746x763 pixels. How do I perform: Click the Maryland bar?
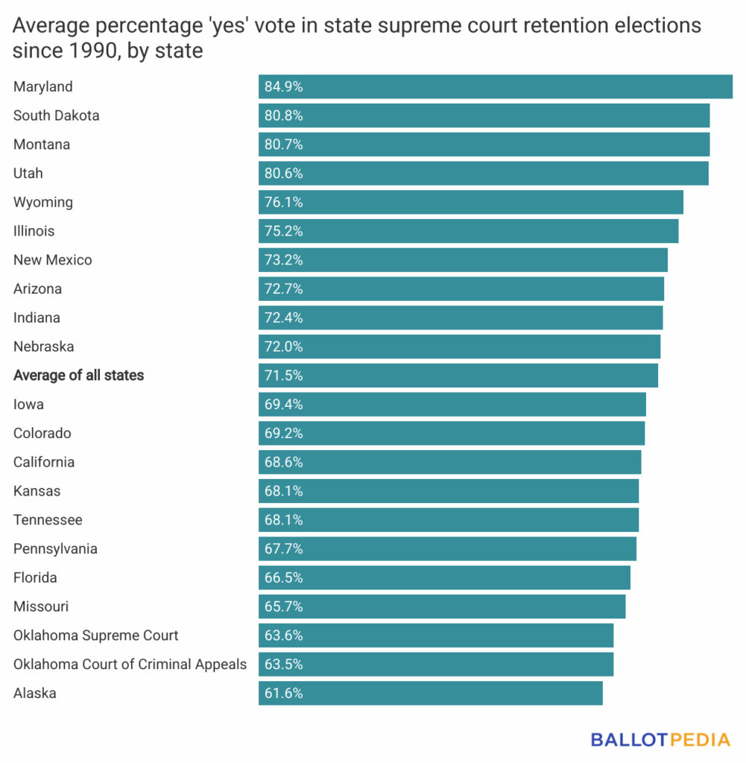pos(496,86)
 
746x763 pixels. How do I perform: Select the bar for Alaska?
pos(431,693)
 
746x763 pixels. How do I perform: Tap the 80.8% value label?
pos(284,115)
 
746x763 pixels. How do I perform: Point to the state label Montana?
pos(42,145)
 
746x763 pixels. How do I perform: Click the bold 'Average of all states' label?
pos(79,376)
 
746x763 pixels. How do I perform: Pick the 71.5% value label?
pos(284,376)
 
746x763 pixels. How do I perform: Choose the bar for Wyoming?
pos(471,202)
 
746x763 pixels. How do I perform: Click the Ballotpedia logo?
pos(660,740)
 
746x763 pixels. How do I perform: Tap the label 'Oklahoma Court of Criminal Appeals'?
pos(130,664)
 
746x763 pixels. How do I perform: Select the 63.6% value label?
pos(284,636)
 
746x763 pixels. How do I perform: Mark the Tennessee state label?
pos(48,520)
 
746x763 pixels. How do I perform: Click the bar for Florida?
pos(444,577)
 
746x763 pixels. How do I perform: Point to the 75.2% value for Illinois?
pos(284,231)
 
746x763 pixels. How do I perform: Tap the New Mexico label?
pos(53,260)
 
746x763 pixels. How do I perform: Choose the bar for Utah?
pos(484,173)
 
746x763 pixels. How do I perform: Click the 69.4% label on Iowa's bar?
pos(284,405)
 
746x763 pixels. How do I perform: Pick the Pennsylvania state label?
pos(55,549)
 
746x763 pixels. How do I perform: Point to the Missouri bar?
pos(442,607)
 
